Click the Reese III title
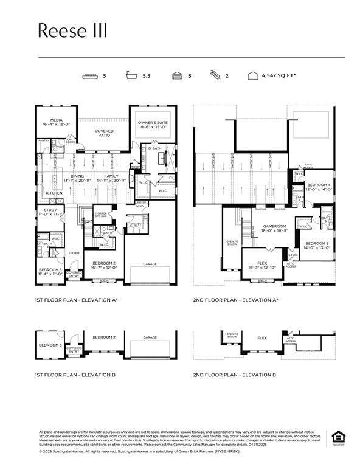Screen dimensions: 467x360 72,31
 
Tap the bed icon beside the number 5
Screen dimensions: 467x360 91,77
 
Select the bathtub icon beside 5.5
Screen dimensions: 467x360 131,77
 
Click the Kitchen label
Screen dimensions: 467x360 55,193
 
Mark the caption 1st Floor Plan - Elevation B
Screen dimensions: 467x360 75,375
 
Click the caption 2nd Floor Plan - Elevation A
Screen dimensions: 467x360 235,300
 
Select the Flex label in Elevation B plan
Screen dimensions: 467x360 262,338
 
